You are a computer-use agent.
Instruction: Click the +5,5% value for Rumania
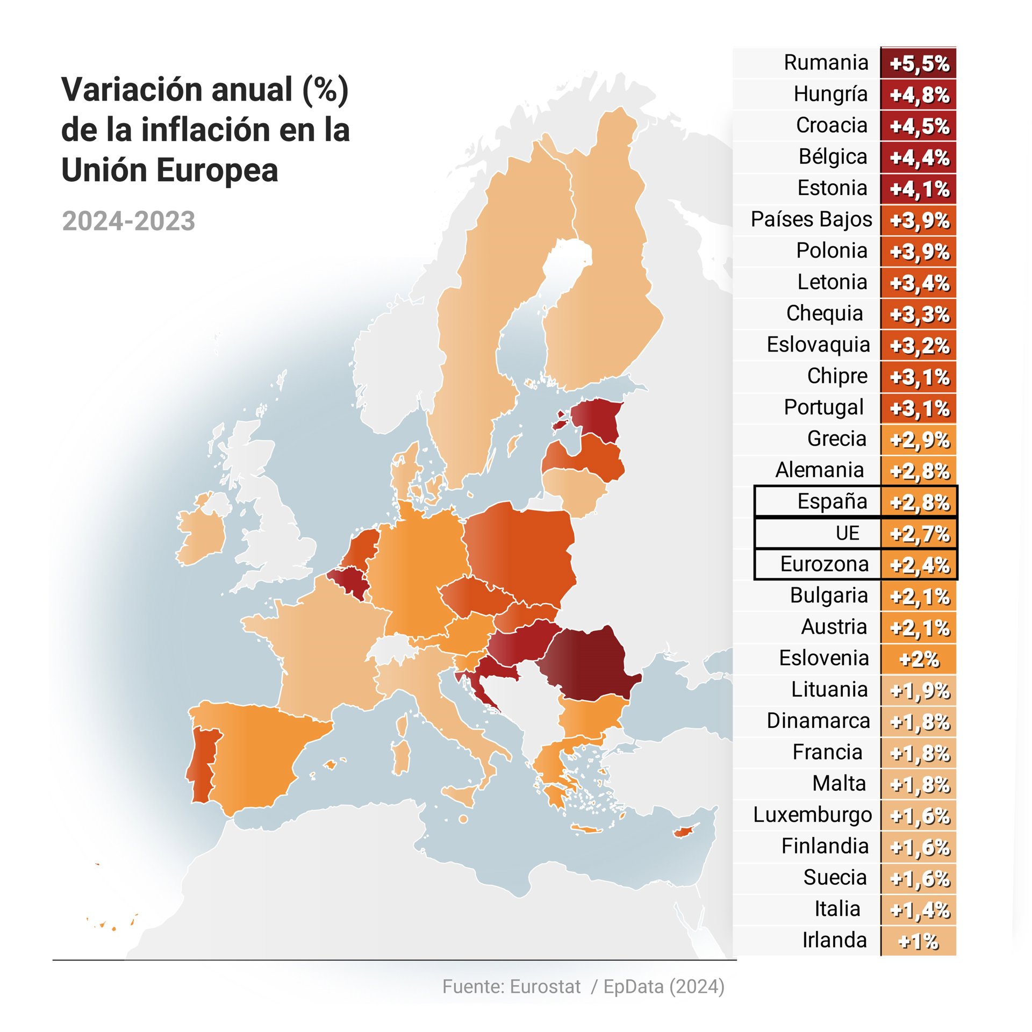pyautogui.click(x=919, y=63)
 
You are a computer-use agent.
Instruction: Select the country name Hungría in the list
pyautogui.click(x=830, y=94)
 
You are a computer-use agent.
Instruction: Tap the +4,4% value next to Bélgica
pyautogui.click(x=919, y=157)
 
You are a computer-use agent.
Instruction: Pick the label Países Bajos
pyautogui.click(x=811, y=219)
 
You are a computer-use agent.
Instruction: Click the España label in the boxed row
pyautogui.click(x=832, y=501)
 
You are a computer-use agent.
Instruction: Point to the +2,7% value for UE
pyautogui.click(x=919, y=534)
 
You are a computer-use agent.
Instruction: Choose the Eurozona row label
pyautogui.click(x=825, y=564)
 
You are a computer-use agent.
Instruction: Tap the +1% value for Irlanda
pyautogui.click(x=918, y=941)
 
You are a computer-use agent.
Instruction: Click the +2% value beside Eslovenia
pyautogui.click(x=918, y=659)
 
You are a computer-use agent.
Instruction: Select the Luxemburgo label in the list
pyautogui.click(x=812, y=815)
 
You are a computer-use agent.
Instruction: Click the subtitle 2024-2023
pyautogui.click(x=128, y=221)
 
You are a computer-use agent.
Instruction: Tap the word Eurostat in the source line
pyautogui.click(x=545, y=987)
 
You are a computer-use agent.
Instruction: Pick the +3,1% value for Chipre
pyautogui.click(x=919, y=377)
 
